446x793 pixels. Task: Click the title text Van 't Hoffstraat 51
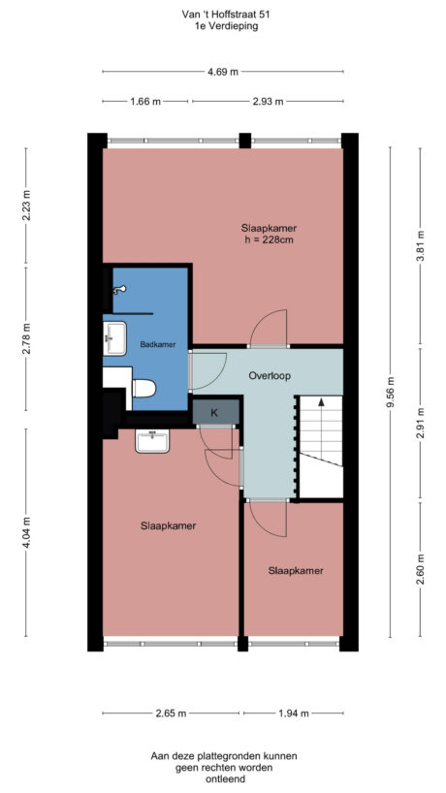(x=223, y=15)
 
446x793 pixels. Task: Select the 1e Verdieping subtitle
(x=223, y=27)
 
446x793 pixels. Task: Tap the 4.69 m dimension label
(x=223, y=72)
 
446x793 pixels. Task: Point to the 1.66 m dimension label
(x=145, y=100)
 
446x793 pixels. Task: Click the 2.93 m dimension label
(x=267, y=100)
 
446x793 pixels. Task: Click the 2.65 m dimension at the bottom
(x=172, y=714)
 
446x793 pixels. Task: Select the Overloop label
(x=270, y=375)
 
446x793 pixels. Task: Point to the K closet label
(x=214, y=413)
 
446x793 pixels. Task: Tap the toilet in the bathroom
(x=143, y=388)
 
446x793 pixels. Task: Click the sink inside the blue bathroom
(x=114, y=339)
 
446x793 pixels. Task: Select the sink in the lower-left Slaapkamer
(x=153, y=442)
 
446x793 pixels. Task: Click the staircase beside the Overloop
(x=320, y=446)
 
